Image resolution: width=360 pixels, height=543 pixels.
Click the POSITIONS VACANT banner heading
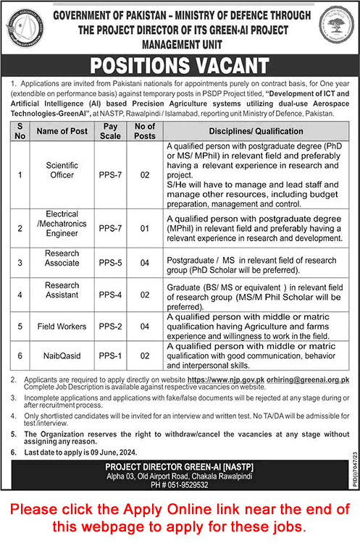point(179,67)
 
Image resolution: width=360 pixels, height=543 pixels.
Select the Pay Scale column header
point(111,131)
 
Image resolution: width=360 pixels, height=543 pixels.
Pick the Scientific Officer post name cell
point(62,170)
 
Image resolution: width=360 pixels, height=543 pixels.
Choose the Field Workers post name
point(62,326)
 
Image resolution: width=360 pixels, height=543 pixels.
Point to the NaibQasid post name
point(62,356)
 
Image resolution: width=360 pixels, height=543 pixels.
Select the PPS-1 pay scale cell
point(111,356)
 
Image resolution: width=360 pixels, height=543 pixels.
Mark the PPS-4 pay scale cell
point(111,295)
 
